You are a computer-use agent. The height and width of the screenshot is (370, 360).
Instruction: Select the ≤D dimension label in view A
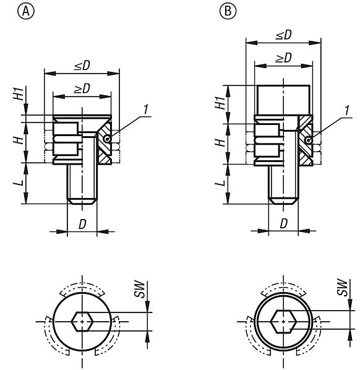[77, 65]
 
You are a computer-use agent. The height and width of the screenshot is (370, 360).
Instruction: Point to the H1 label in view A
[20, 95]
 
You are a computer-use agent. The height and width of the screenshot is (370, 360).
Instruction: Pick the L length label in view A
[20, 183]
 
